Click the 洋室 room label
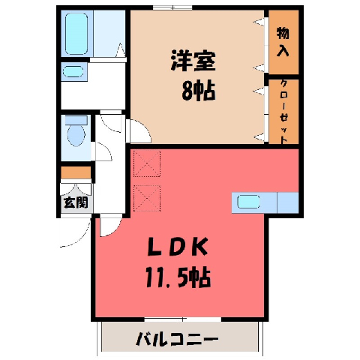pyautogui.click(x=193, y=61)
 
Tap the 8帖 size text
pyautogui.click(x=199, y=91)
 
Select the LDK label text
pyautogui.click(x=178, y=247)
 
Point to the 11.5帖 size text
pyautogui.click(x=178, y=277)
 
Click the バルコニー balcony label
pyautogui.click(x=177, y=339)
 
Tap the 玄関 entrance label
pyautogui.click(x=76, y=202)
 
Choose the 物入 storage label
pyautogui.click(x=283, y=42)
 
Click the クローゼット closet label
pyautogui.click(x=283, y=112)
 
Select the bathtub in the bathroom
pyautogui.click(x=76, y=34)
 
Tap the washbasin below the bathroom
pyautogui.click(x=73, y=72)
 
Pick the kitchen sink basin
pyautogui.click(x=248, y=202)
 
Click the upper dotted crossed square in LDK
pyautogui.click(x=147, y=163)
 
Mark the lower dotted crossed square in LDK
pyautogui.click(x=147, y=198)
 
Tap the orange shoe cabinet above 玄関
pyautogui.click(x=76, y=172)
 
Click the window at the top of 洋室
pyautogui.click(x=172, y=7)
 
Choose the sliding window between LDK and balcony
pyautogui.click(x=183, y=319)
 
